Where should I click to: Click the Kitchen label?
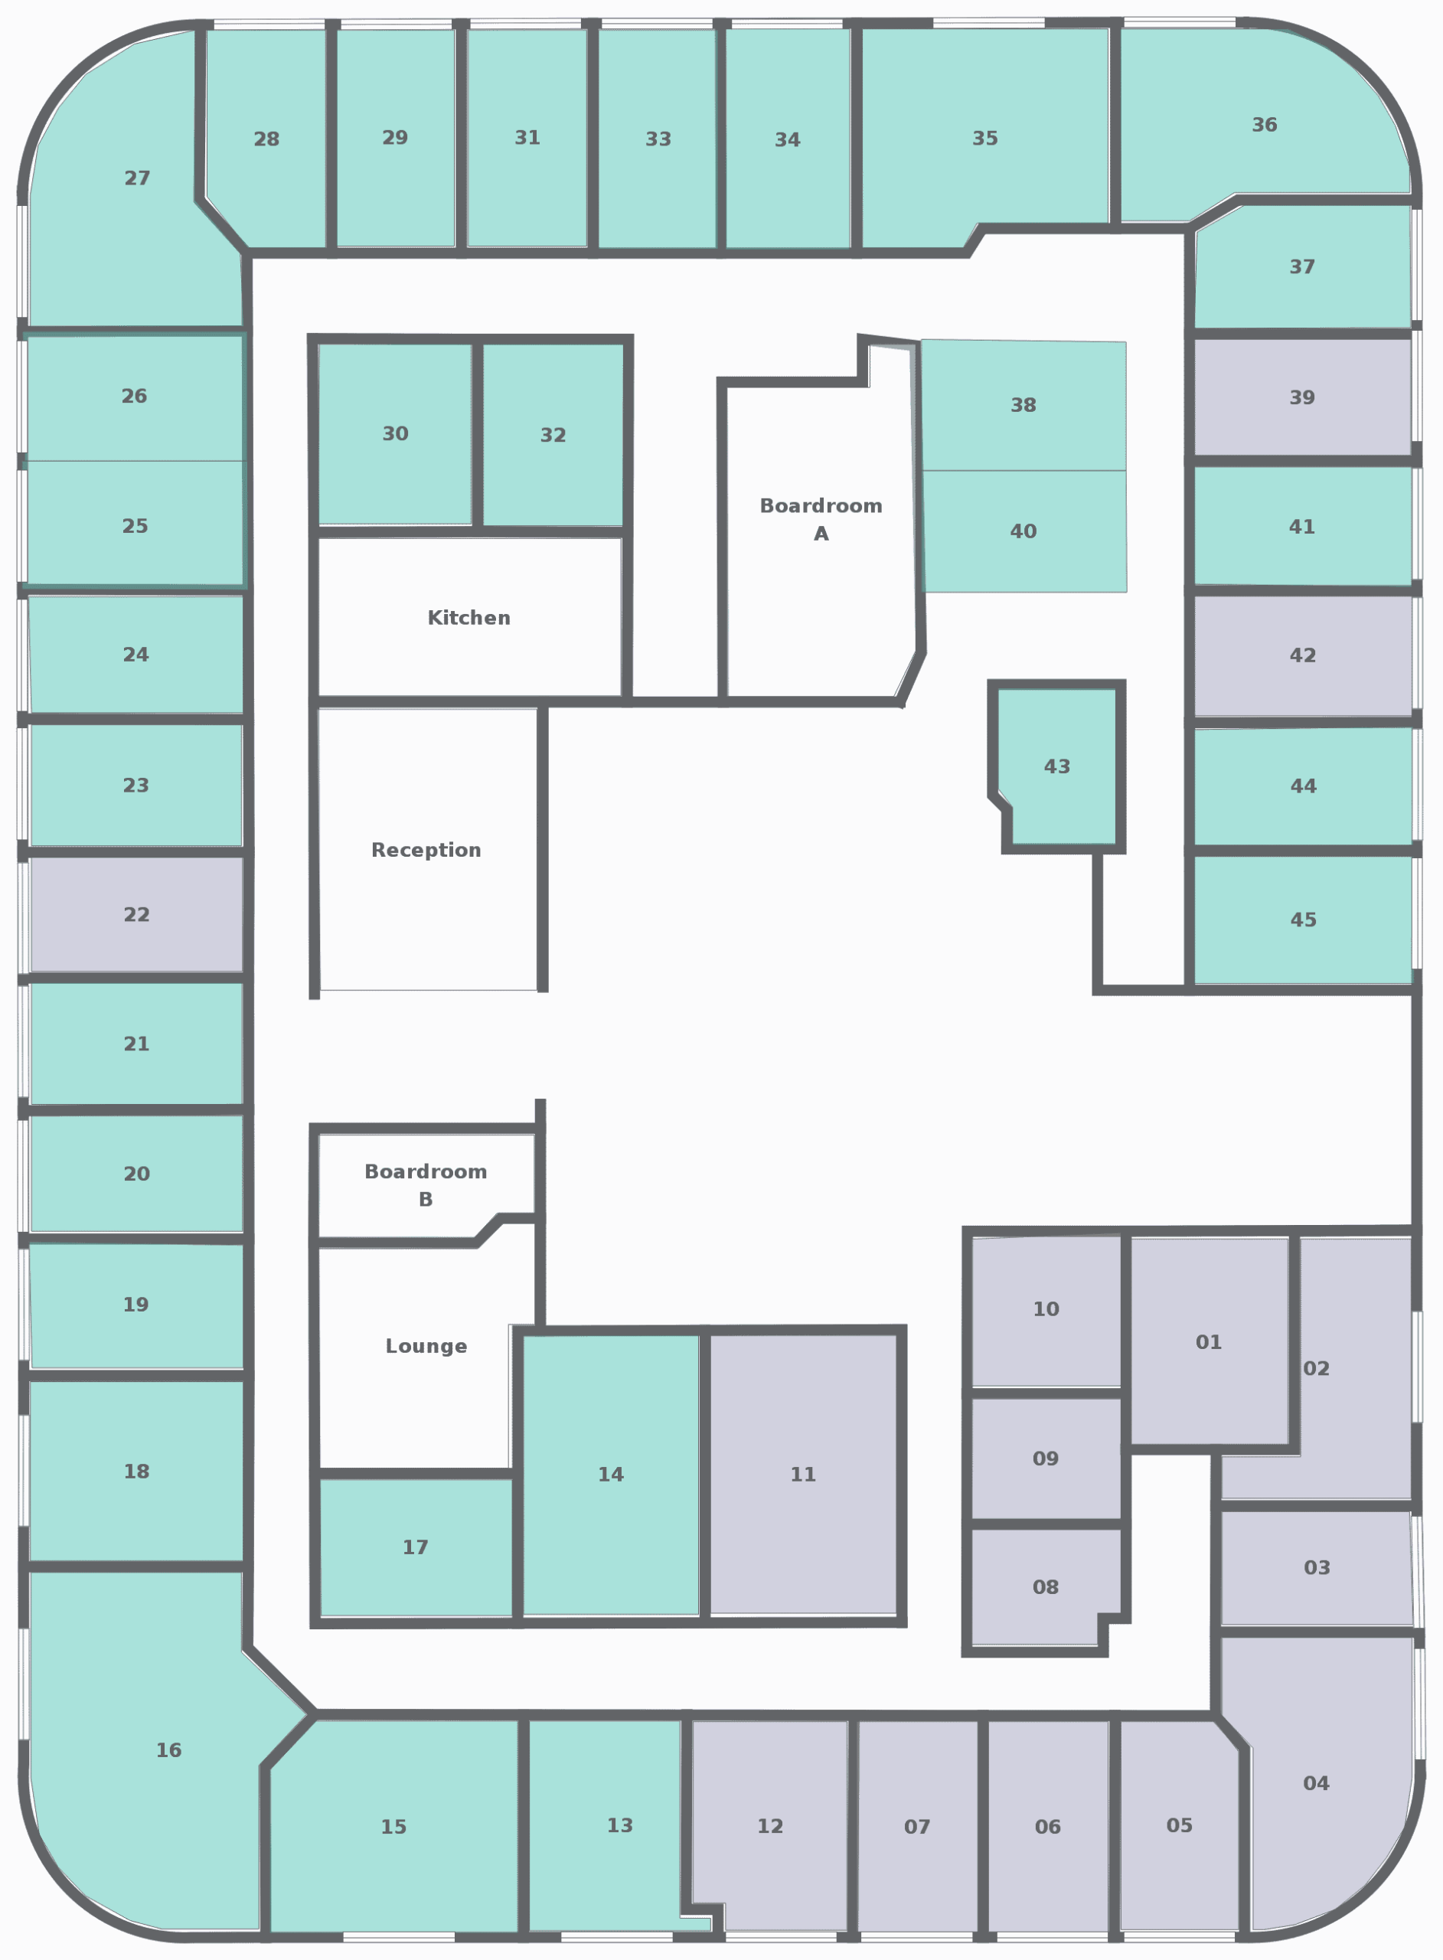(469, 618)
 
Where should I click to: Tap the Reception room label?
(426, 850)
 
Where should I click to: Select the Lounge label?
(426, 1346)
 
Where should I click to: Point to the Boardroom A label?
(821, 519)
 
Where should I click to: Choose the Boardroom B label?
(426, 1184)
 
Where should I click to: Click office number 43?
(1057, 766)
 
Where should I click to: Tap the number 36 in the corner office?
(1265, 125)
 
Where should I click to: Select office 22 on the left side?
(137, 914)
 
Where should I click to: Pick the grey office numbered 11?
(804, 1475)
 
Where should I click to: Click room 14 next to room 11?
(612, 1475)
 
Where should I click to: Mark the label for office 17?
(416, 1547)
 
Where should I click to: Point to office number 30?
(396, 433)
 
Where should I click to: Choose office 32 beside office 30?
(553, 435)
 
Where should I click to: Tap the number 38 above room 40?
(1023, 405)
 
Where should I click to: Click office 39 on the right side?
(1302, 397)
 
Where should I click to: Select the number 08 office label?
(1046, 1587)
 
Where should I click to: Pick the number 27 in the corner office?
(137, 178)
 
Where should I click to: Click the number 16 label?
(169, 1749)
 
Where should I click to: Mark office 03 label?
(1317, 1567)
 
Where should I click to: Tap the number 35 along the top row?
(985, 138)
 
